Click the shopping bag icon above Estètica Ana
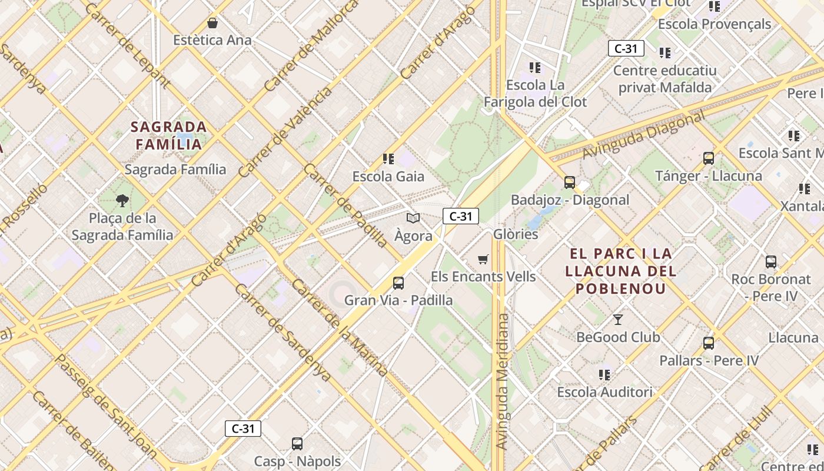tap(212, 24)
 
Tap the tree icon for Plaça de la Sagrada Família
tap(122, 201)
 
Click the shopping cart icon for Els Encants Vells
tap(483, 260)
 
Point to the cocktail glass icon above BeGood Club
tap(617, 320)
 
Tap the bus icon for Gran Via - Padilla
tap(398, 283)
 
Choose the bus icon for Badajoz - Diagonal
tap(569, 183)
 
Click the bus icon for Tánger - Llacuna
tap(709, 158)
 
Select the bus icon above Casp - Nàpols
tap(297, 443)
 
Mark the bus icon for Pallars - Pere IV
tap(709, 343)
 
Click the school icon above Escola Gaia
tap(388, 159)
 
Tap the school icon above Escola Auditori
tap(604, 374)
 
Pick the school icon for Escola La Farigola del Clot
tap(534, 68)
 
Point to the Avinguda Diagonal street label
tap(643, 136)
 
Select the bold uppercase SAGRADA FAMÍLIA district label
tap(169, 135)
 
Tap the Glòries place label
tap(516, 234)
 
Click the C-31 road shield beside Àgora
tap(460, 216)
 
